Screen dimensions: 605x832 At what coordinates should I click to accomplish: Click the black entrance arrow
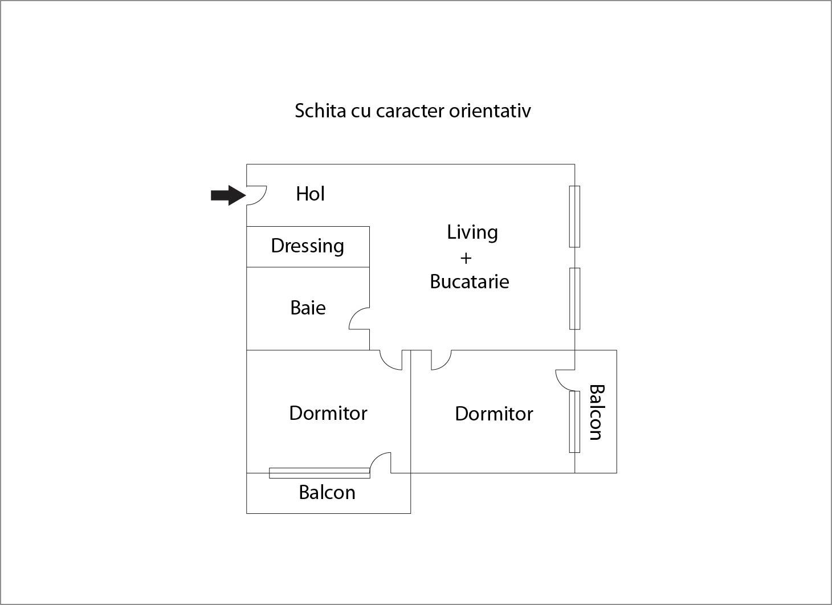pyautogui.click(x=227, y=195)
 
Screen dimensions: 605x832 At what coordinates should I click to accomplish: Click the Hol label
pyautogui.click(x=310, y=194)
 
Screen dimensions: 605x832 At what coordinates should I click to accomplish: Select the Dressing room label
pyautogui.click(x=307, y=246)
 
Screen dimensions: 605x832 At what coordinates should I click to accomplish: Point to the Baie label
pyautogui.click(x=308, y=308)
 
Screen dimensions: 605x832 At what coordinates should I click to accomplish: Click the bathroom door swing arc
pyautogui.click(x=359, y=319)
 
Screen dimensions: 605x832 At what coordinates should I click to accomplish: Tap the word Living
pyautogui.click(x=472, y=232)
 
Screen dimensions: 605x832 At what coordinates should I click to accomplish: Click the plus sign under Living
pyautogui.click(x=466, y=258)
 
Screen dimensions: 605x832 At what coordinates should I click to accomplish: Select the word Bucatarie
pyautogui.click(x=469, y=281)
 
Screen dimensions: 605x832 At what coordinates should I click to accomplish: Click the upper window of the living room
pyautogui.click(x=574, y=216)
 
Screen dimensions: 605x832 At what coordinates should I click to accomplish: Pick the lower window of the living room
pyautogui.click(x=574, y=299)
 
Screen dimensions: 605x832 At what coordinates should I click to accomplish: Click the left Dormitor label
pyautogui.click(x=328, y=413)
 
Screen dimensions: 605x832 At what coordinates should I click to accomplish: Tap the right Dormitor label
pyautogui.click(x=494, y=414)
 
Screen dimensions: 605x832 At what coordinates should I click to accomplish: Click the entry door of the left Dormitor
pyautogui.click(x=391, y=360)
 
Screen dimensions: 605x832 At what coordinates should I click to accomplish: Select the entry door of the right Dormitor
pyautogui.click(x=441, y=360)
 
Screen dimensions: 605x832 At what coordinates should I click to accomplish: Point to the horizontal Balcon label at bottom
pyautogui.click(x=327, y=492)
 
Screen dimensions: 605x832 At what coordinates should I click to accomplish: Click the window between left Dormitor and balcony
pyautogui.click(x=319, y=473)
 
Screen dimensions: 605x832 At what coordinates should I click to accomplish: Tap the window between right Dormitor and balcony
pyautogui.click(x=574, y=422)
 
